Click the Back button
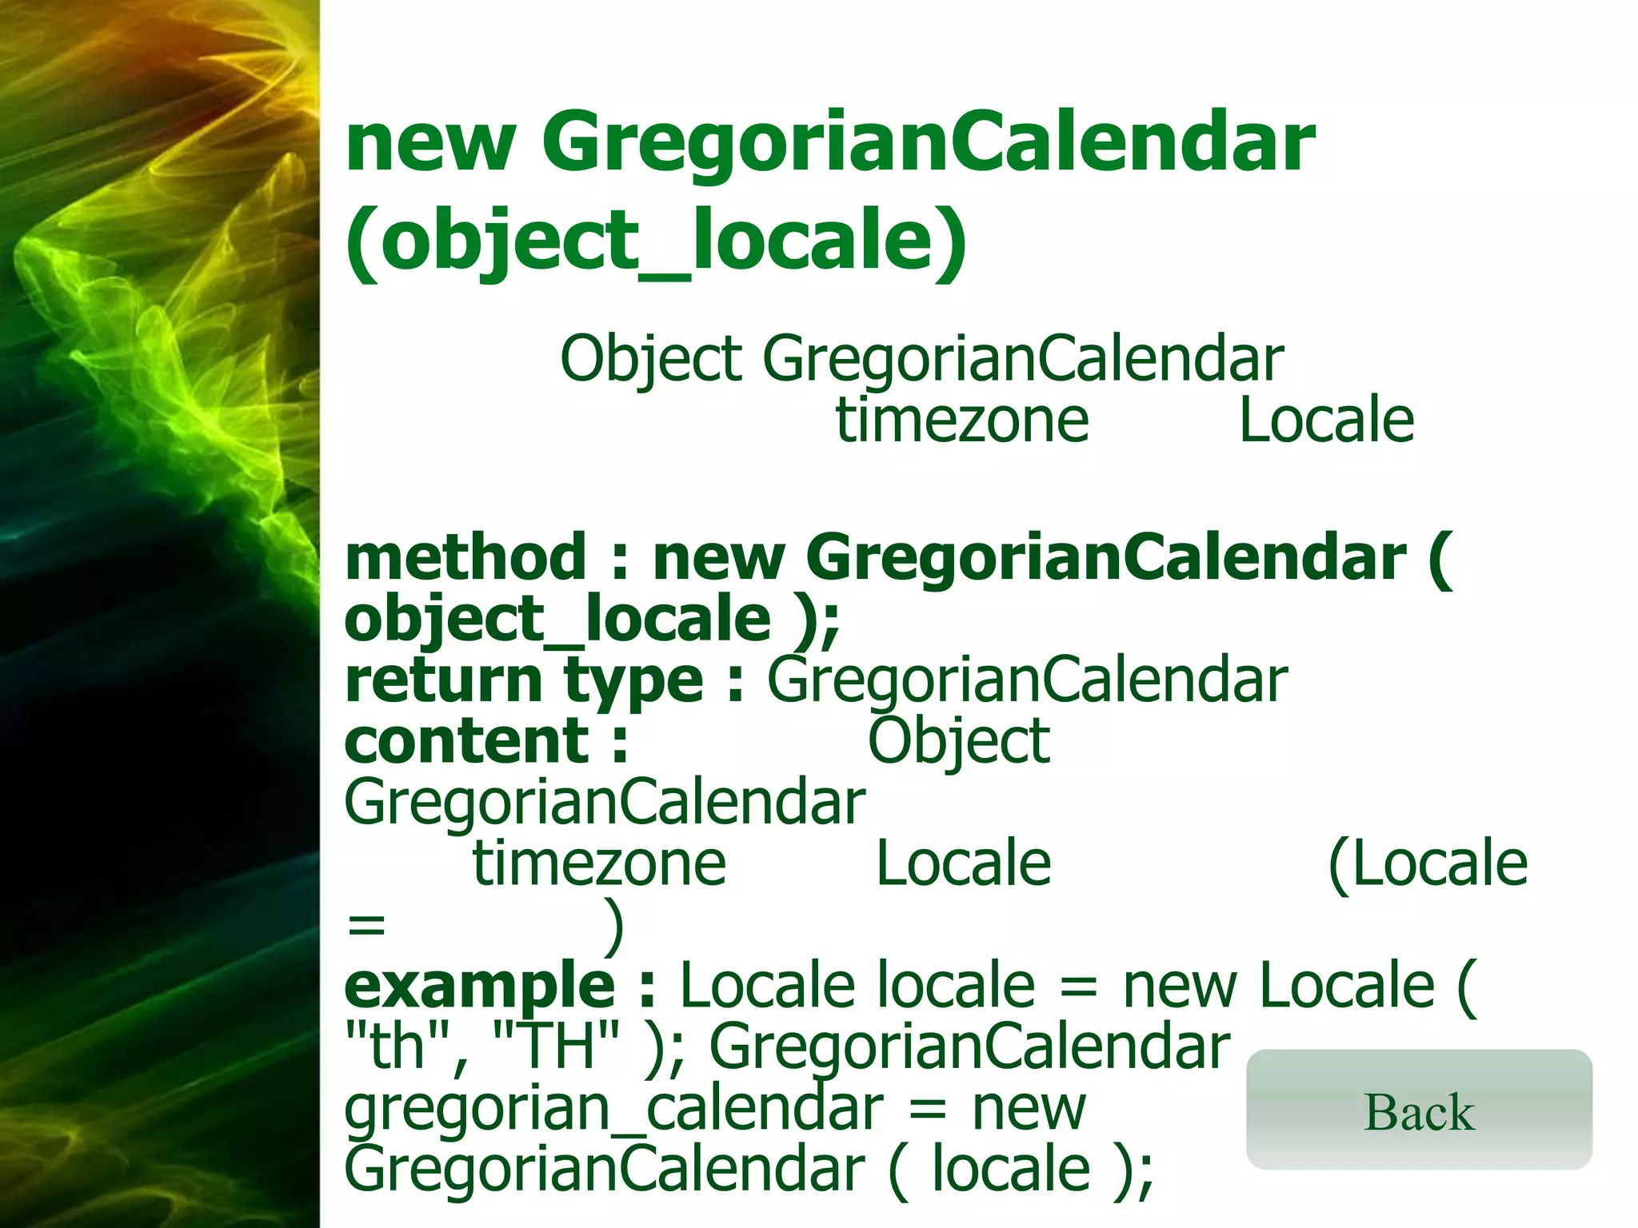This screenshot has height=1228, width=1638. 1419,1110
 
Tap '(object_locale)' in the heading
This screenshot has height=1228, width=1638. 656,240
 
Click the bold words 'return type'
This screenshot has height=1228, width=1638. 524,680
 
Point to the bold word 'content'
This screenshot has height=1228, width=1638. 467,741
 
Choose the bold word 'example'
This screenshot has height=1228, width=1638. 479,986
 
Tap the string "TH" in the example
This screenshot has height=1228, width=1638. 557,1047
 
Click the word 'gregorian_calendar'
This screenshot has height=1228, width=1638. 613,1109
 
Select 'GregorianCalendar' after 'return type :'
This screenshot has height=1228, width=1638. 1027,680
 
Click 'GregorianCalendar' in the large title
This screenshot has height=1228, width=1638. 928,144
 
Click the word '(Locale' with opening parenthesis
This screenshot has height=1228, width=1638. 1428,863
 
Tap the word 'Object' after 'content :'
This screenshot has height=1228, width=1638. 958,741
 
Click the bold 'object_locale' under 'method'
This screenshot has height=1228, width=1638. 557,619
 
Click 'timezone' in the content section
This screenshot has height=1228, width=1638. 599,863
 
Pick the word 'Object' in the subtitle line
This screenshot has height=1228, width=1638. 651,359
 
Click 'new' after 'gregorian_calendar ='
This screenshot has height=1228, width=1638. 1029,1109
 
